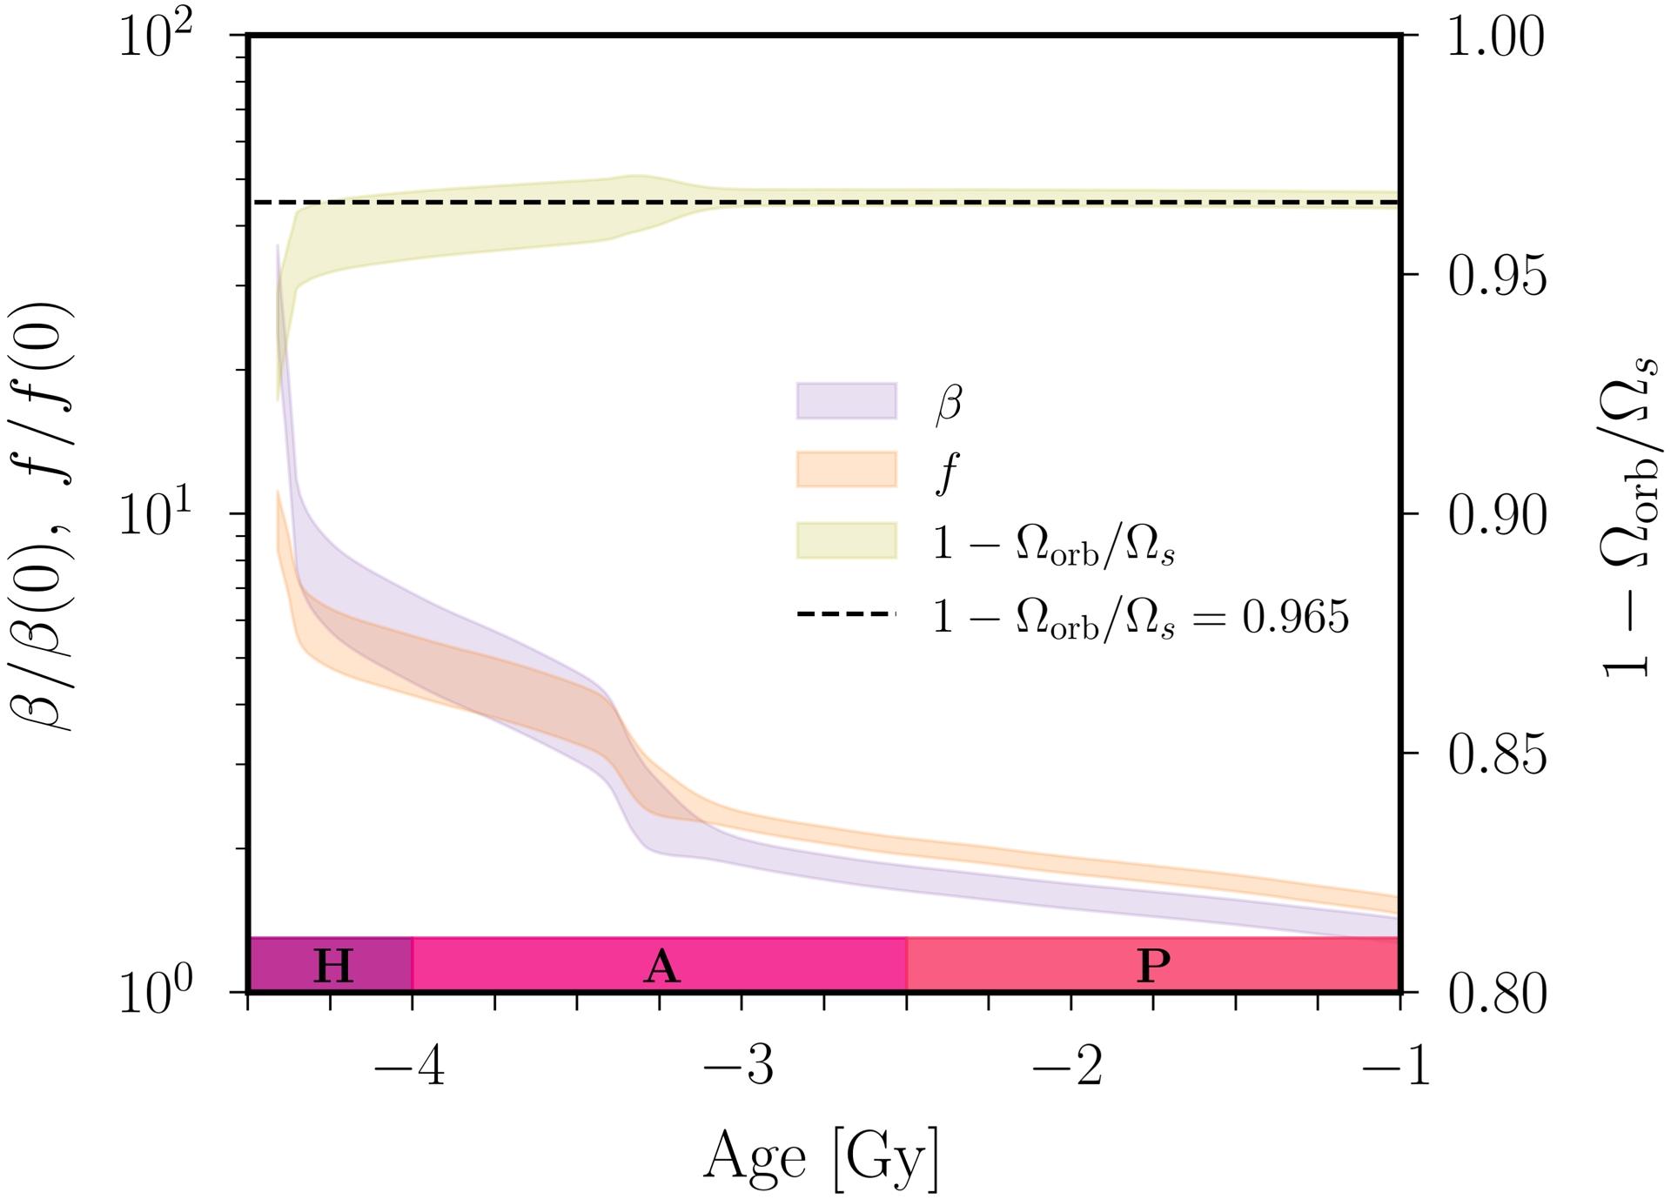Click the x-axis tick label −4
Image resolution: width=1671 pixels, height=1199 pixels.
point(410,1067)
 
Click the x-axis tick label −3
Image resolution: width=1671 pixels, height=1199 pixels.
point(739,1067)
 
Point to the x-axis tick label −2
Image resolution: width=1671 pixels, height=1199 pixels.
point(1068,1067)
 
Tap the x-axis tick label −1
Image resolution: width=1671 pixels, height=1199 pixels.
point(1396,1067)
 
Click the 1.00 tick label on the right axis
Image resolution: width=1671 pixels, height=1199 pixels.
point(1496,37)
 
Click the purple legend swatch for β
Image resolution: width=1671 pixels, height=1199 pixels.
point(846,401)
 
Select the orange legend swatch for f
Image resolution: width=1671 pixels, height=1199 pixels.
point(846,470)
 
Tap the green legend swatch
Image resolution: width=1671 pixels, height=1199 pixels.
point(846,540)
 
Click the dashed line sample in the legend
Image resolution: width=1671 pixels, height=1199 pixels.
point(846,614)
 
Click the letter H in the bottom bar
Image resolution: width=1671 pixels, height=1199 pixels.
point(333,966)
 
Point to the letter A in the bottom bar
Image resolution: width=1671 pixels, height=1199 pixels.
point(661,966)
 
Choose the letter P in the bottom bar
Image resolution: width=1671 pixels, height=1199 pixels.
point(1154,966)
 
